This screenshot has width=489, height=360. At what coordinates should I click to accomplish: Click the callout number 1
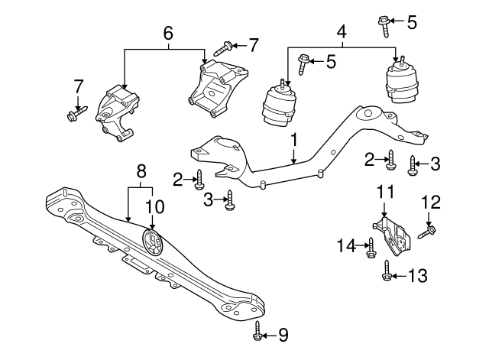click(293, 141)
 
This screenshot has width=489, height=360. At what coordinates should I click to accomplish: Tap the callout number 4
click(342, 33)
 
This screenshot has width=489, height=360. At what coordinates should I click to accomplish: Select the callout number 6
click(168, 33)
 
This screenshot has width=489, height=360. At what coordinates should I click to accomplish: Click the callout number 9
click(284, 333)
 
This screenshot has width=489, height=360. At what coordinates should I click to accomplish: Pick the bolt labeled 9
click(257, 331)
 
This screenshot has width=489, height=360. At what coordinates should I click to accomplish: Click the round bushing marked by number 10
click(154, 245)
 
